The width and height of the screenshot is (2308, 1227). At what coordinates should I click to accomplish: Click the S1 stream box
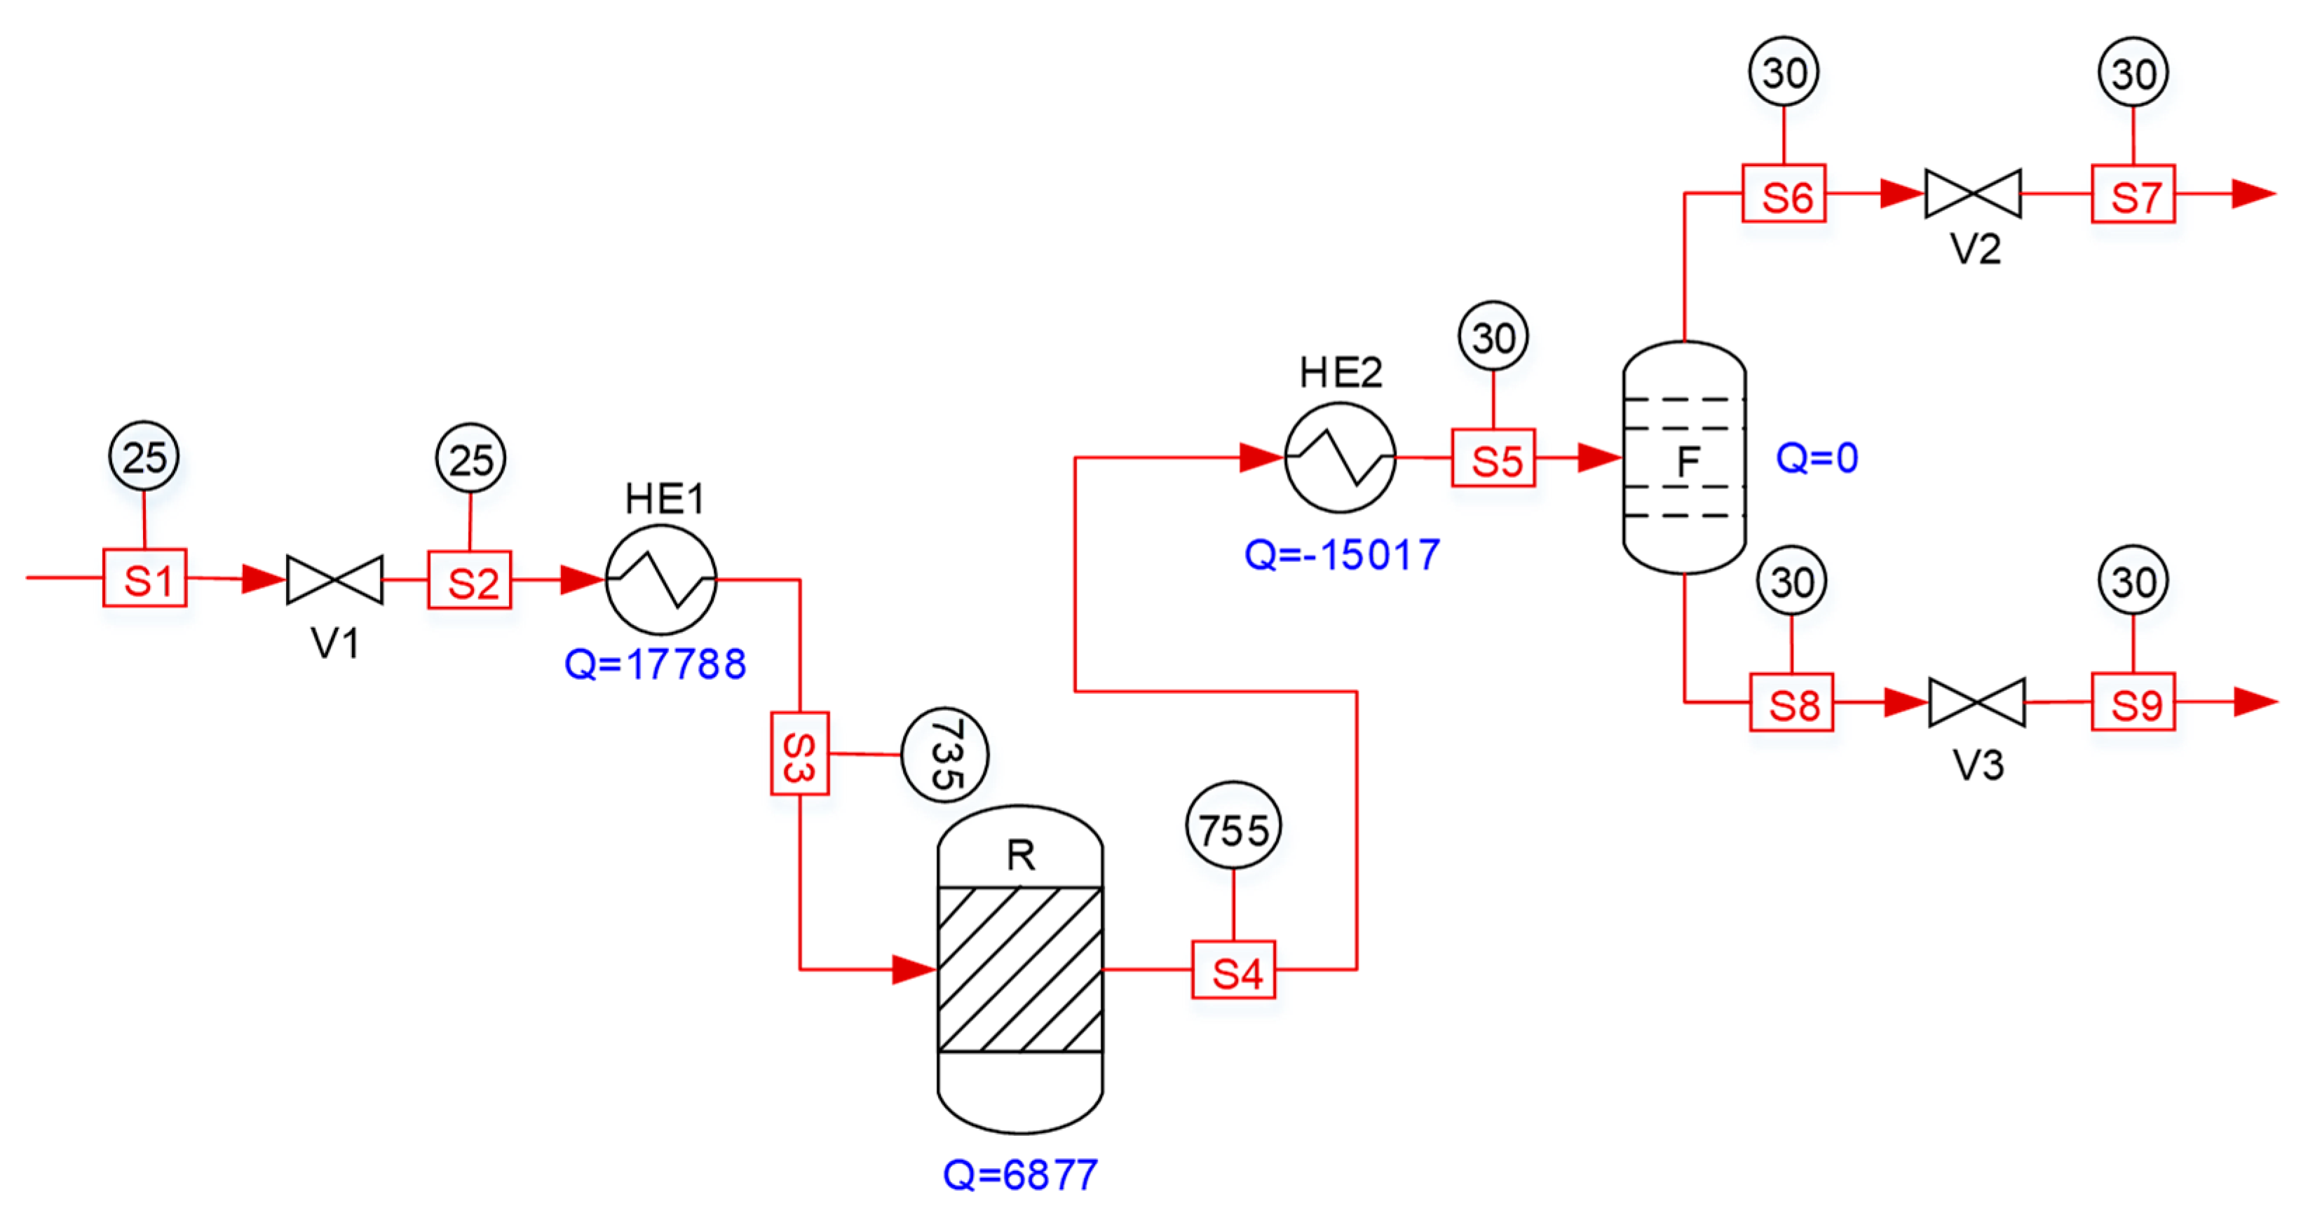pyautogui.click(x=144, y=579)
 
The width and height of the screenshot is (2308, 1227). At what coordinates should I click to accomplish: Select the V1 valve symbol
pyautogui.click(x=334, y=580)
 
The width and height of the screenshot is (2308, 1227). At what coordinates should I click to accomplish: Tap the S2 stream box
pyautogui.click(x=470, y=580)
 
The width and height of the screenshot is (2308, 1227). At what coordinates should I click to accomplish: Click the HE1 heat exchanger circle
pyautogui.click(x=661, y=580)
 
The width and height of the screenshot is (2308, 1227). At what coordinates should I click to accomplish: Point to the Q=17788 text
pyautogui.click(x=655, y=664)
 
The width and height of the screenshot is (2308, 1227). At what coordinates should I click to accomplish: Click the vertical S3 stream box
pyautogui.click(x=799, y=753)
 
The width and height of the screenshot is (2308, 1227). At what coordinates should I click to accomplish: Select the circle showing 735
pyautogui.click(x=944, y=754)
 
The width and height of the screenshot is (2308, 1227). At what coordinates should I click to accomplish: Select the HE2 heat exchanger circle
pyautogui.click(x=1340, y=458)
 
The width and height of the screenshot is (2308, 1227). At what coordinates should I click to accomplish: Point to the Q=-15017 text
pyautogui.click(x=1341, y=554)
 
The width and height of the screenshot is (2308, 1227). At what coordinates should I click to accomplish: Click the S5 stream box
pyautogui.click(x=1493, y=458)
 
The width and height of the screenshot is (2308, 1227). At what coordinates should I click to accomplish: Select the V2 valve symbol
pyautogui.click(x=1973, y=193)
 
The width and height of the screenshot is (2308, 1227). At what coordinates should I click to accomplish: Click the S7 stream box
pyautogui.click(x=2133, y=193)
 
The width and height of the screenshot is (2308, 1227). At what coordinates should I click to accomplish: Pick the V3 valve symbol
pyautogui.click(x=1976, y=702)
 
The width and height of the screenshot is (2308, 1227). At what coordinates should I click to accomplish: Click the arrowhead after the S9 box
pyautogui.click(x=2254, y=702)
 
